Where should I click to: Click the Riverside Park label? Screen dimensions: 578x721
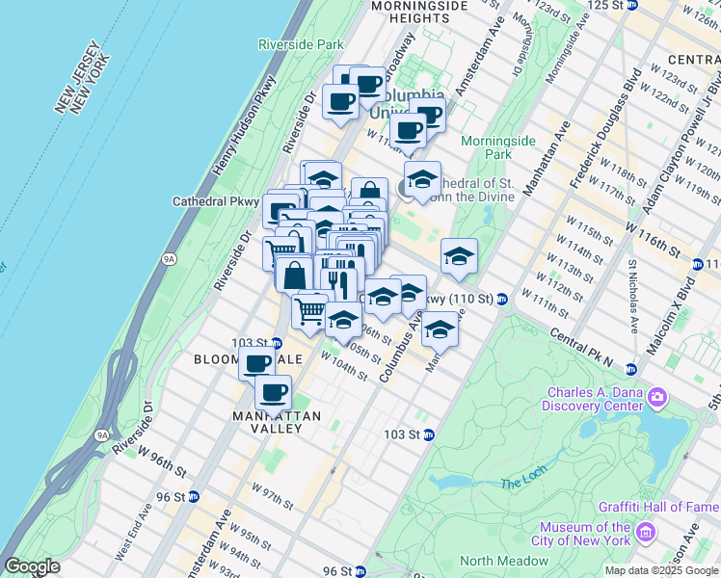[x=301, y=44]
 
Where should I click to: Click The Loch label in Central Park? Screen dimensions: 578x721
[x=521, y=484]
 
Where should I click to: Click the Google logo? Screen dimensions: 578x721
[x=32, y=566]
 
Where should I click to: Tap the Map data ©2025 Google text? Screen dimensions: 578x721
[x=660, y=570]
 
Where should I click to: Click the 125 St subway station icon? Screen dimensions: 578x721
[x=631, y=5]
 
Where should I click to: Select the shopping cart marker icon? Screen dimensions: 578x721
[x=310, y=310]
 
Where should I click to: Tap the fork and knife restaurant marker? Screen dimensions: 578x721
[x=336, y=281]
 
